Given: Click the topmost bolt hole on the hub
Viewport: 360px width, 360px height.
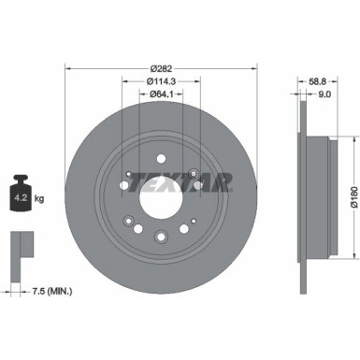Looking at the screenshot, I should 159,158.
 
